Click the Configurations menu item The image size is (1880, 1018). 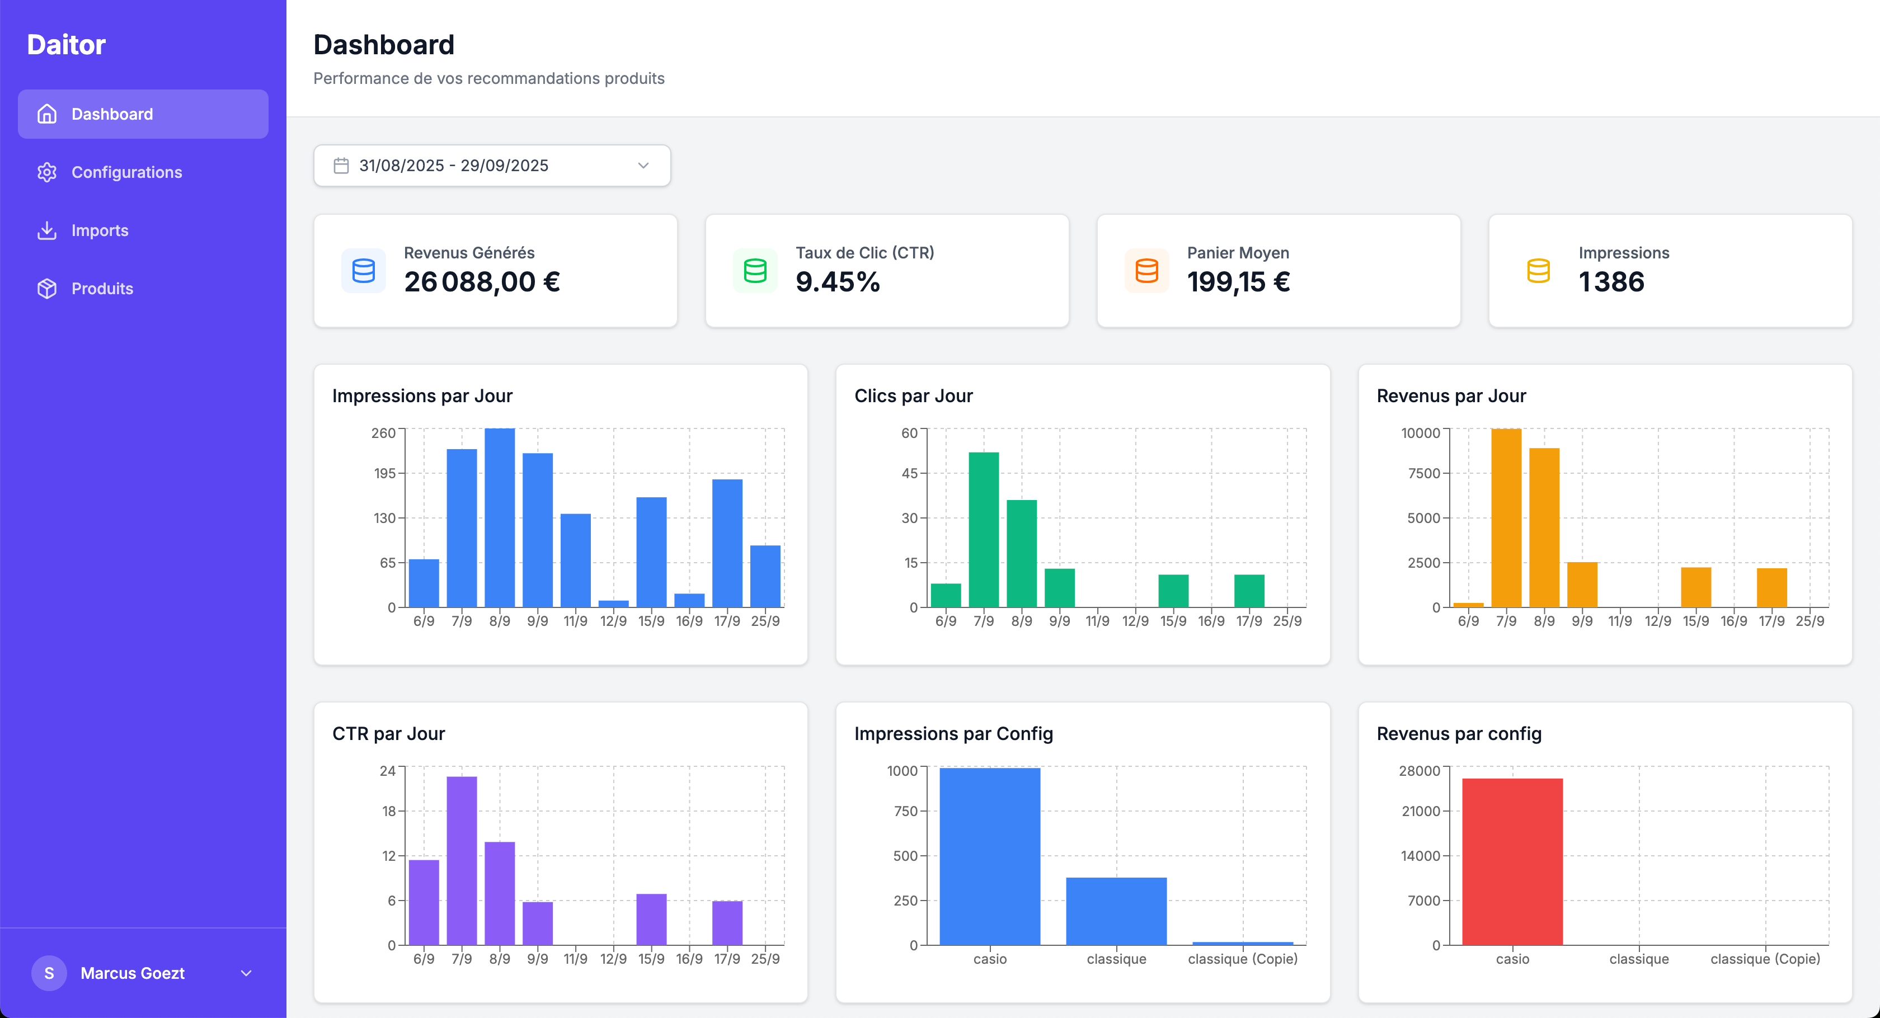[126, 172]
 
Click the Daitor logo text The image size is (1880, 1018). [67, 45]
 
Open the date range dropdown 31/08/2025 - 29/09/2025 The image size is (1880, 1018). [492, 166]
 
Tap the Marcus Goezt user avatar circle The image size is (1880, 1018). [49, 973]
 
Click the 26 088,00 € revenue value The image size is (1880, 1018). [482, 282]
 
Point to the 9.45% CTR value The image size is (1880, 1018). [837, 282]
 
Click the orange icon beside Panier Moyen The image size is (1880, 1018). [1146, 271]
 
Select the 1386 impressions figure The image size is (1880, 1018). [1611, 282]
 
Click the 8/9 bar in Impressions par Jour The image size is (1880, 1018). [499, 518]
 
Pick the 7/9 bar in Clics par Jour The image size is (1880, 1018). [983, 530]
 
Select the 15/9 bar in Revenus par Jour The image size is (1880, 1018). [1695, 587]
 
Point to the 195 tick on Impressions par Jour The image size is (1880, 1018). [384, 474]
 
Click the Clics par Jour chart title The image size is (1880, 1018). [913, 395]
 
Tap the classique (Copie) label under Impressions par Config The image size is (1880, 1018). [1242, 959]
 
